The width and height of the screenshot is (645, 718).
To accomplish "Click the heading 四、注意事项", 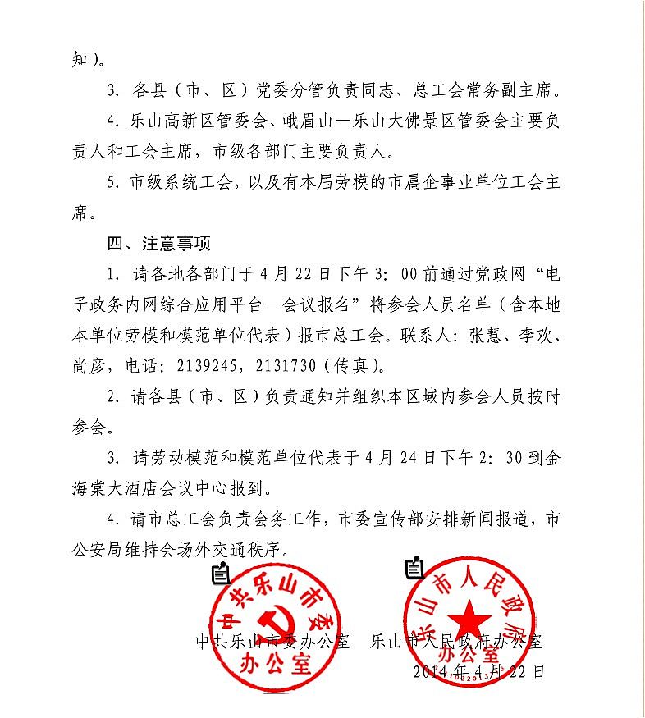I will click(x=158, y=244).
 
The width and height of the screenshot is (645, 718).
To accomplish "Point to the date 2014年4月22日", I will click(x=479, y=670).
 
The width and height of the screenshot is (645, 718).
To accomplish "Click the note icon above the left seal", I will click(x=220, y=574).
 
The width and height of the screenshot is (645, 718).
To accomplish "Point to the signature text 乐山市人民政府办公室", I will click(x=456, y=641).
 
